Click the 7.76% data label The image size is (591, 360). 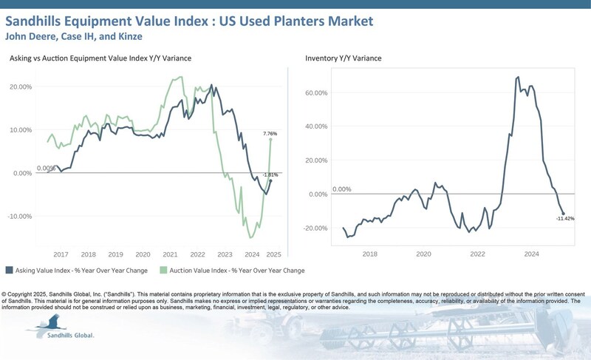click(270, 133)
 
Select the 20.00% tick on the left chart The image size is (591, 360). click(21, 86)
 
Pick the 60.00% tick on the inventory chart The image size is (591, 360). click(316, 94)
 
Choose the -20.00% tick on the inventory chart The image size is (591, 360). click(316, 228)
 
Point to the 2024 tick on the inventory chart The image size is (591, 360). click(532, 254)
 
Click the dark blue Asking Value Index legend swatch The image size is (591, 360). click(9, 270)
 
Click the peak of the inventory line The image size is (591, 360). click(517, 77)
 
